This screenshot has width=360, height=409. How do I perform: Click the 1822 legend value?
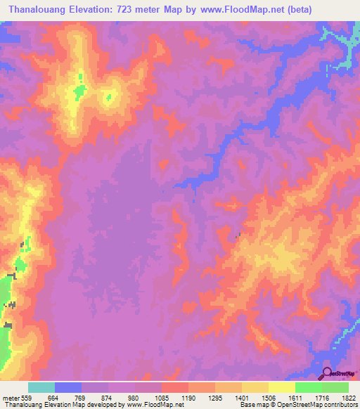click(348, 396)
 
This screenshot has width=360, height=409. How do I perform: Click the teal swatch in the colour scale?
click(41, 387)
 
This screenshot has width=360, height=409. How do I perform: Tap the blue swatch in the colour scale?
click(68, 387)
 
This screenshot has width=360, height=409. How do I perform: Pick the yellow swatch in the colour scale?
click(282, 387)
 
